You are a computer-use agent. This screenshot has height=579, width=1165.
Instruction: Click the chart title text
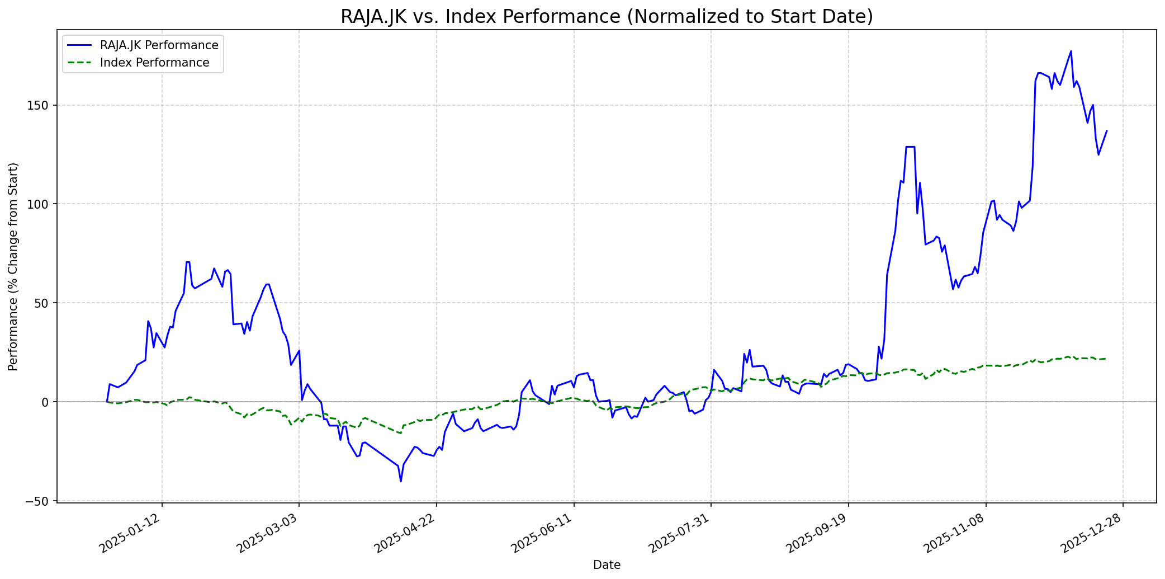tap(607, 17)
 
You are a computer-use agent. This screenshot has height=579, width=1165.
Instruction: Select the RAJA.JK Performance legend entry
tap(159, 45)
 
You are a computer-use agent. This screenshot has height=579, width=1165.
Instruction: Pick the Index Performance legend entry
tap(154, 63)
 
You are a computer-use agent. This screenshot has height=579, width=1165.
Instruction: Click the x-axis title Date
tap(607, 565)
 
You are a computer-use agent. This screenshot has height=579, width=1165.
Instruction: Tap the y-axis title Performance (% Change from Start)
tap(13, 266)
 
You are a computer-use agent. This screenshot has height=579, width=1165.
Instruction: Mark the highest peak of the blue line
tap(1071, 51)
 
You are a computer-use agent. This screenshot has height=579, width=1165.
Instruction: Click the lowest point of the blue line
tap(401, 481)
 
